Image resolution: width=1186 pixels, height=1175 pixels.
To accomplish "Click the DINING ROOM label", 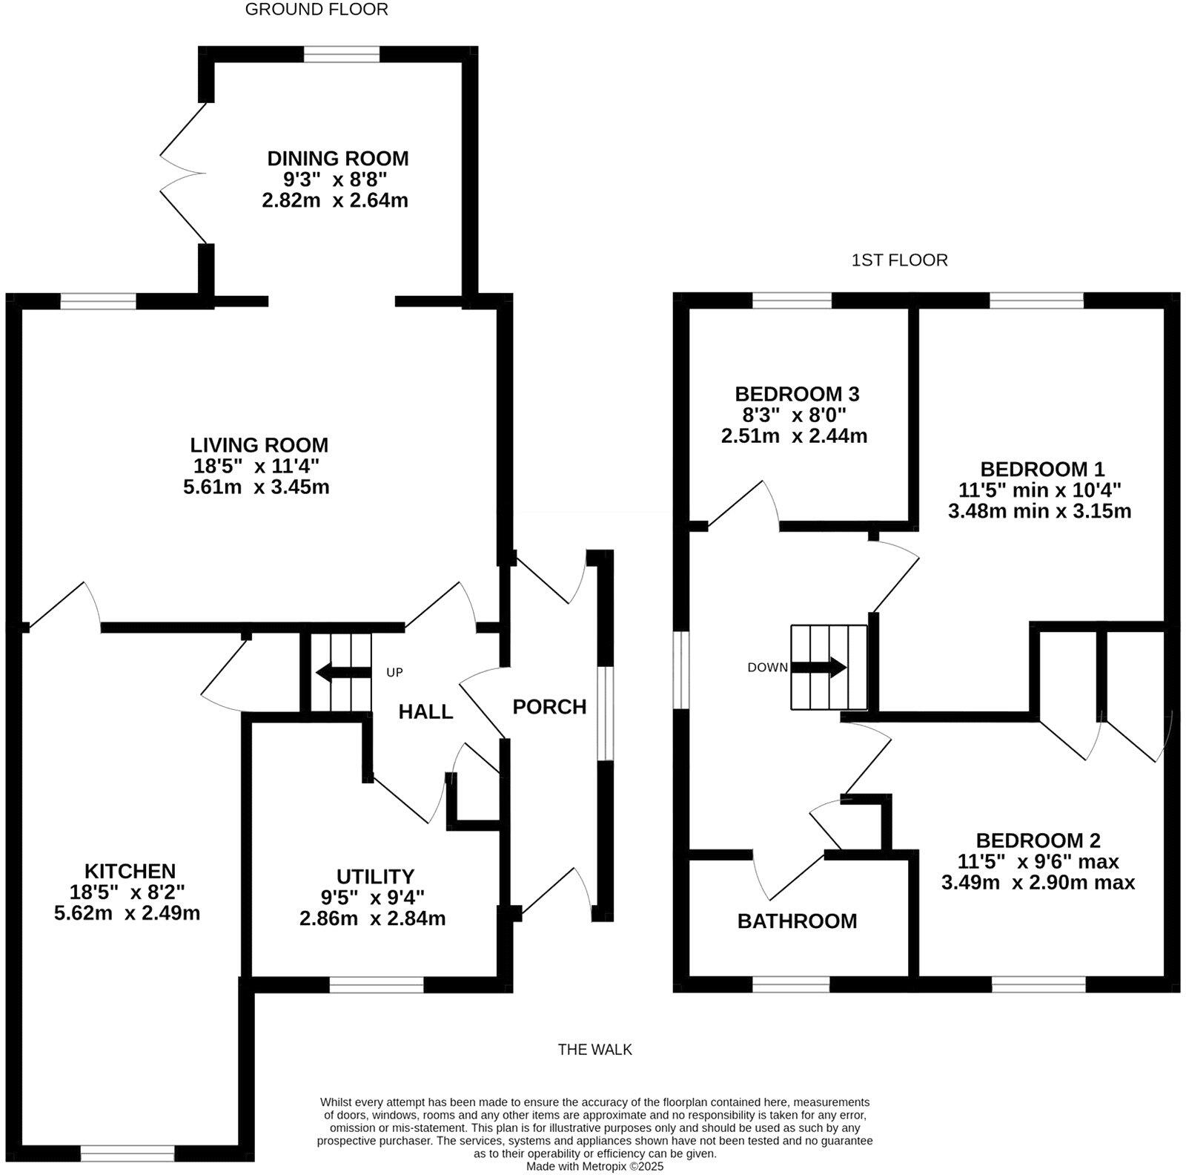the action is [337, 159].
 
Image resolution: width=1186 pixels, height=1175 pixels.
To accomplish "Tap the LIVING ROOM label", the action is [259, 445].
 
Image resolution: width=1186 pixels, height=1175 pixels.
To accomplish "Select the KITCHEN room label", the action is [130, 871].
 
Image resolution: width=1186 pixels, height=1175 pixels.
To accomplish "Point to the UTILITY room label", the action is [375, 877].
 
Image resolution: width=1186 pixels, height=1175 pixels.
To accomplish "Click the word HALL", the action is [425, 712].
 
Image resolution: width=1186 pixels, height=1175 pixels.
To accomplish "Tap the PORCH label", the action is [549, 707].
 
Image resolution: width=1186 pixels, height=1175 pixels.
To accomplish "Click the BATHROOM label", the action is [797, 921].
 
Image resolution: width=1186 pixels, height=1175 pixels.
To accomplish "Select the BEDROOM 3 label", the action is [797, 393].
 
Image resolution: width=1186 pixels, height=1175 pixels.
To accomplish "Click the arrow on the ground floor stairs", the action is [343, 673].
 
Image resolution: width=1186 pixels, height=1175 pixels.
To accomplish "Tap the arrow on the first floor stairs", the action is [819, 667].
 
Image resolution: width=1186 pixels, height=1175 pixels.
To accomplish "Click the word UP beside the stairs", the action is [394, 673].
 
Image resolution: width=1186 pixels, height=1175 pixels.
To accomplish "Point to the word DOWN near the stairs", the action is [767, 668].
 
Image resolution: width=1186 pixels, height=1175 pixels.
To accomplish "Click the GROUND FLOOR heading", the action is [317, 10].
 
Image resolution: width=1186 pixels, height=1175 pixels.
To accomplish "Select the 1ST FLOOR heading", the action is [900, 260].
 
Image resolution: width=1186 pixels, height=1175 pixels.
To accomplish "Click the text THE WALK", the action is [595, 1050].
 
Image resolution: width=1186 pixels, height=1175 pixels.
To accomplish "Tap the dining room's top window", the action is [342, 54].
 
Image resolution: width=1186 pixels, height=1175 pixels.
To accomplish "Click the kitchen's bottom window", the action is [127, 1153].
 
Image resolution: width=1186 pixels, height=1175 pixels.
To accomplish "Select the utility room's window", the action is [377, 984].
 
